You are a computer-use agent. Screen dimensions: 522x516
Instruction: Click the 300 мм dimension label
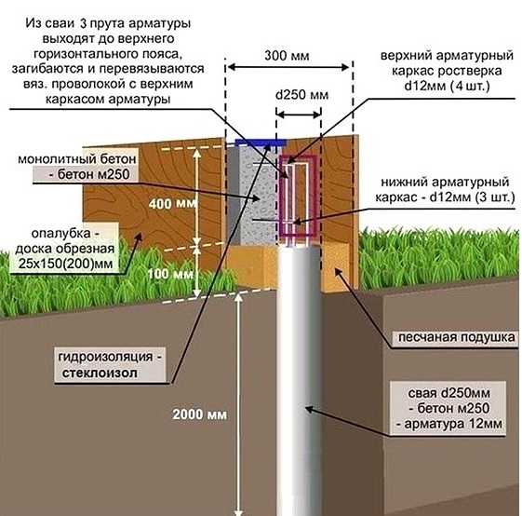point(287,55)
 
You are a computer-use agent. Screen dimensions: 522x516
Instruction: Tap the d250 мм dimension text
point(301,95)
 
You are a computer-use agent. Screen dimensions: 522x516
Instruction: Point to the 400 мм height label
point(172,203)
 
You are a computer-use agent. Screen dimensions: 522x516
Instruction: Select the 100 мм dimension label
point(170,274)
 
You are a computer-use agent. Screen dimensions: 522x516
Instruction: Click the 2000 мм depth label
point(200,414)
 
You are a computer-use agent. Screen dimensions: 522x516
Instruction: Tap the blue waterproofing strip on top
point(261,143)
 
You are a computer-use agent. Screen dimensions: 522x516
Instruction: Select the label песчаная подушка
point(457,337)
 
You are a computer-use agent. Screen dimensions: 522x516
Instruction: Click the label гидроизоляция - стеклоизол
point(110,365)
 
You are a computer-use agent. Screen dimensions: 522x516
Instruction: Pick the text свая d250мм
point(448,393)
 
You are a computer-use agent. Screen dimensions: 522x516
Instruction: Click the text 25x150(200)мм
point(65,264)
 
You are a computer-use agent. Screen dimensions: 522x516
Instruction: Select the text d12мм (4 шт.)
point(447,87)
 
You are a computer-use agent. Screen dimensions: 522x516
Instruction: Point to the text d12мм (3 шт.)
point(472,197)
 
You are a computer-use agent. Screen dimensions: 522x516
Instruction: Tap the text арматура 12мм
point(453,424)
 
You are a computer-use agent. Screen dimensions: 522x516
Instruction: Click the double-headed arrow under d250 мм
point(299,115)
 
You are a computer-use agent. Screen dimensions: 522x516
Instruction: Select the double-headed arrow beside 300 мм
point(288,68)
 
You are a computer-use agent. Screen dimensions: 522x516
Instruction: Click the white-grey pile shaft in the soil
point(299,380)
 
